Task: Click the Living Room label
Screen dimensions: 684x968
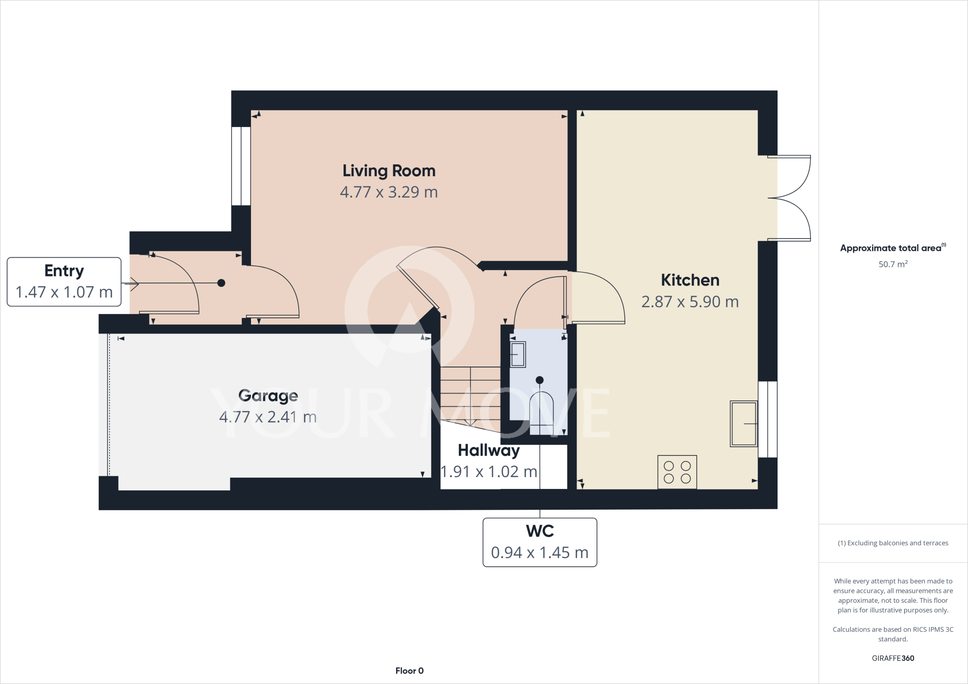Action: [x=389, y=171]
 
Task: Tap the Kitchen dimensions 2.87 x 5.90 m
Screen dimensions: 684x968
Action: [x=690, y=302]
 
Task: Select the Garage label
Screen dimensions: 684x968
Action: [x=268, y=395]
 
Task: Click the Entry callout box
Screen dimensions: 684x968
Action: [x=64, y=282]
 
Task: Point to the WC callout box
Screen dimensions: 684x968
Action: [x=539, y=542]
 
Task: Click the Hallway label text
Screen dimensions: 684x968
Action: [x=488, y=451]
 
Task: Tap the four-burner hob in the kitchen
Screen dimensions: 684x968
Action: [x=677, y=472]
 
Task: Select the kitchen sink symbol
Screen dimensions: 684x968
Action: [x=743, y=424]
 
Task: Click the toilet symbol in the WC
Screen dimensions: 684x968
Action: [x=541, y=413]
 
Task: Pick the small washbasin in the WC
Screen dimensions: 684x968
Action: [x=518, y=354]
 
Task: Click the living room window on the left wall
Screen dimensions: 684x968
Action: [x=241, y=166]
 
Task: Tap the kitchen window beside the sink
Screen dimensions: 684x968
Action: [x=768, y=419]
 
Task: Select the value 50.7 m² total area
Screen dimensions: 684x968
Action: [x=892, y=265]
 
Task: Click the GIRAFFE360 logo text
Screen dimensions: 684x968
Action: [x=892, y=658]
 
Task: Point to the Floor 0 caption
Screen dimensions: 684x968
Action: [x=409, y=671]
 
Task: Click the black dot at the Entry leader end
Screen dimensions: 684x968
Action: [x=221, y=283]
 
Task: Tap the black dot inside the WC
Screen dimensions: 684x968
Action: [x=539, y=380]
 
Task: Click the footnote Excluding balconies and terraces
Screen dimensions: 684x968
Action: [x=893, y=543]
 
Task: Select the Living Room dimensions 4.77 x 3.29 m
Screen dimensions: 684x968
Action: [x=389, y=192]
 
